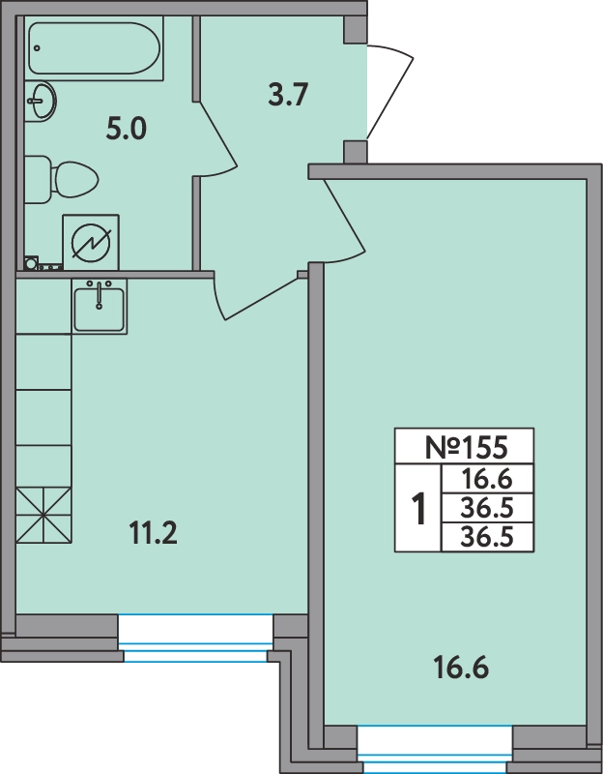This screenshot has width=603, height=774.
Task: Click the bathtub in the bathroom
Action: pos(94,47)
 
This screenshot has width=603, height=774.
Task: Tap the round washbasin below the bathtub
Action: pos(41,102)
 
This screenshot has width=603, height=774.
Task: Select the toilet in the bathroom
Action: pos(62,180)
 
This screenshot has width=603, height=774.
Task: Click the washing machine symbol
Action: pos(91,243)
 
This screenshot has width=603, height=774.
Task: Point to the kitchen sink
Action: pos(100,307)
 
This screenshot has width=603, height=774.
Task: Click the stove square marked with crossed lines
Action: pos(43,515)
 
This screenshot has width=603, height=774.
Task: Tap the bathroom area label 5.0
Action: pos(127,130)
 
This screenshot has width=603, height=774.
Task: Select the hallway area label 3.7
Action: pos(288,95)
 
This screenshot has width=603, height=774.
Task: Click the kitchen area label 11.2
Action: pos(153,533)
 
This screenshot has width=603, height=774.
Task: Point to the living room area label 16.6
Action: pos(461,668)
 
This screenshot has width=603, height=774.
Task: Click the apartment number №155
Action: pos(466,447)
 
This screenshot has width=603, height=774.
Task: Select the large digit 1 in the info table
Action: pos(418,509)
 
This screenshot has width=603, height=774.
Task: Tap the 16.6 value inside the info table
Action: pos(487,479)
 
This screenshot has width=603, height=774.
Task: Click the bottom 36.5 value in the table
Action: pos(487,537)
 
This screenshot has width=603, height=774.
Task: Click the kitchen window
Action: pos(195,638)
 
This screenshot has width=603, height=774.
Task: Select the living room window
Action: pos(435,749)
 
